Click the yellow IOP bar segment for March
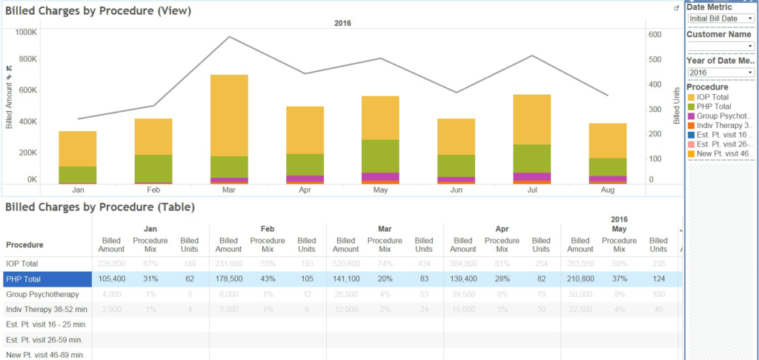coord(229,115)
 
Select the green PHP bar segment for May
coord(380,156)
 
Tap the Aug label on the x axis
coord(606,190)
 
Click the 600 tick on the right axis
coord(654,35)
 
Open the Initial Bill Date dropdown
coord(720,19)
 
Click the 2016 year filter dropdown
coord(720,73)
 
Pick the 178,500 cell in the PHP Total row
coord(228,279)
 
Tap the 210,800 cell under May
coord(580,279)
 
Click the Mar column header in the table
coord(385,229)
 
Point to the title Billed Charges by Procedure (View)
coord(99,11)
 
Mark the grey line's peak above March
coord(230,37)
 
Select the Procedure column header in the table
coord(24,244)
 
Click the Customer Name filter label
coord(718,34)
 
